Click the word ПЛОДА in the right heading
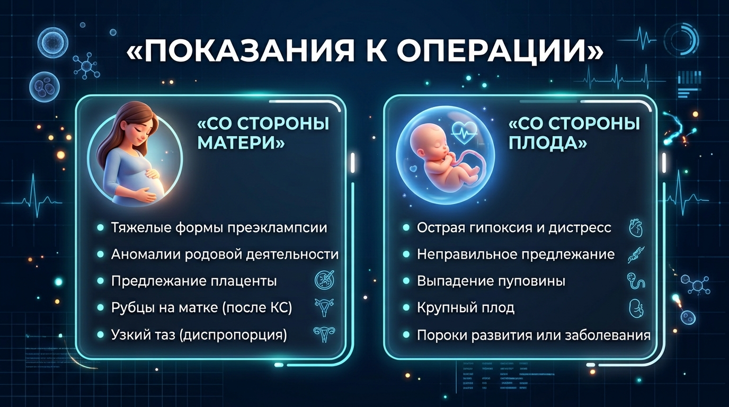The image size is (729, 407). [x=544, y=143]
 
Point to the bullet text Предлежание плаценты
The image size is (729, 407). [x=194, y=281]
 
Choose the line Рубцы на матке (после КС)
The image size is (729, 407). [x=202, y=308]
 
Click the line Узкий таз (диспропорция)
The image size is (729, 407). [x=199, y=335]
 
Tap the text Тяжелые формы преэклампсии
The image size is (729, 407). [x=219, y=227]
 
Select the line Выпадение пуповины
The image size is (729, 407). [x=491, y=281]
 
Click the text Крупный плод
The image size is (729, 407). [x=466, y=308]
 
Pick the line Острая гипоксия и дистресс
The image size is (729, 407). [x=514, y=227]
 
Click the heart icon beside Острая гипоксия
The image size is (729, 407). [x=636, y=228]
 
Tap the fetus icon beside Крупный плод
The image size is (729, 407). [x=636, y=308]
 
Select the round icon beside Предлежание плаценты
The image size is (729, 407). [x=324, y=280]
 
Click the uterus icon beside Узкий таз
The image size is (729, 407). [x=324, y=334]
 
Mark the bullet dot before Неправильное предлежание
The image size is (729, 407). [x=406, y=254]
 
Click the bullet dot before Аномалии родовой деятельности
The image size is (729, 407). [x=101, y=254]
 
